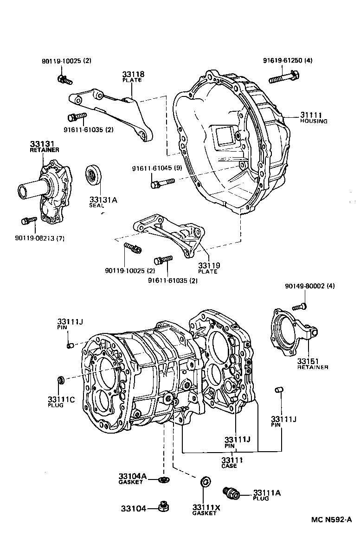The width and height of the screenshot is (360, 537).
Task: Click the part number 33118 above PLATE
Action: click(133, 74)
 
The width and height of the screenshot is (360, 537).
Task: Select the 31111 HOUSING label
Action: click(313, 118)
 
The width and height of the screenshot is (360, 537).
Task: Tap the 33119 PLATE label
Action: click(209, 268)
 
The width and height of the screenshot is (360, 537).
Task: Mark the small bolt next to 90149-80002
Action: click(299, 307)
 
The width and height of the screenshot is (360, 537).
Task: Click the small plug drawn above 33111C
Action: click(60, 381)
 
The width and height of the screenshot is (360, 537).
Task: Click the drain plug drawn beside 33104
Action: click(162, 506)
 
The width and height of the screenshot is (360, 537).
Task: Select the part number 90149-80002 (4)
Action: click(309, 286)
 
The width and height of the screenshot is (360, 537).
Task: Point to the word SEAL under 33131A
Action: click(97, 205)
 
